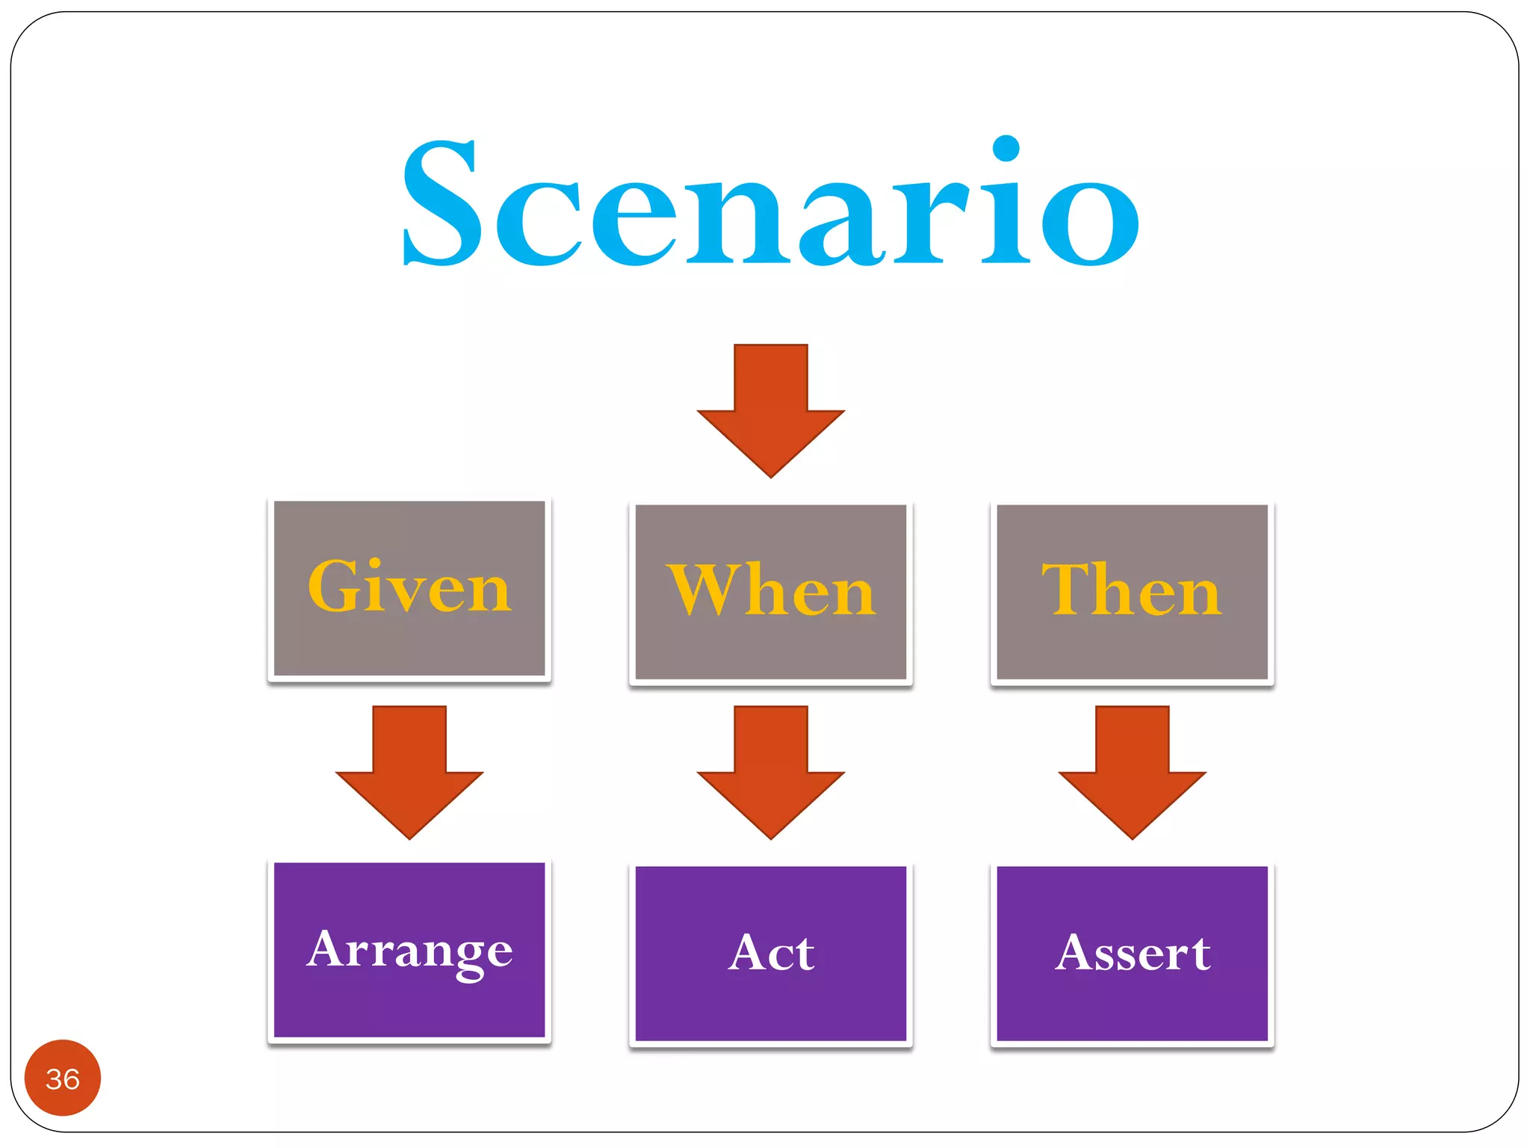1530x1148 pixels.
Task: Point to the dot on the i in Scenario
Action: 1006,149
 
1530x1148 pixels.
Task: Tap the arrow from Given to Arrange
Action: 409,774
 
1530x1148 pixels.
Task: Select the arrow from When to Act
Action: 770,774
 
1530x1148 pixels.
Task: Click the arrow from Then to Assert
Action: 1132,774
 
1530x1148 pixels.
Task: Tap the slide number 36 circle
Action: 63,1078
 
